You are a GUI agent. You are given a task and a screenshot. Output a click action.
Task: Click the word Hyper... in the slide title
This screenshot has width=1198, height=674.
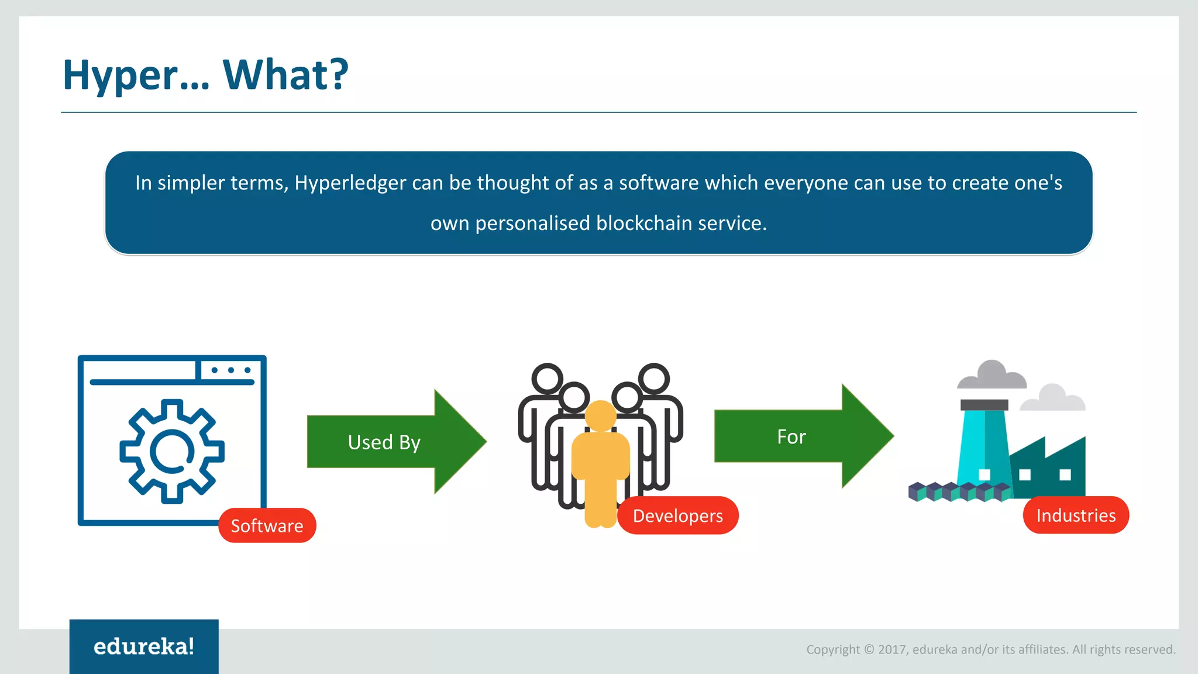(136, 76)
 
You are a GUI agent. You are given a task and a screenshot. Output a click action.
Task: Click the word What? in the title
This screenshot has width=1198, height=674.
(285, 75)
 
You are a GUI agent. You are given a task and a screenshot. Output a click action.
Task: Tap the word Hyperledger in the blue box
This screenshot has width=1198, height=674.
(350, 183)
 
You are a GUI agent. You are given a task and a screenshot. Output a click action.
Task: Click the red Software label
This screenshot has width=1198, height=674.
(267, 525)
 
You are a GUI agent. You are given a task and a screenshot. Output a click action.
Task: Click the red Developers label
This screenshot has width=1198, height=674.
(677, 515)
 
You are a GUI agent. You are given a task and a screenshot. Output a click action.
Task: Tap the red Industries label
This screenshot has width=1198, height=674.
(1075, 515)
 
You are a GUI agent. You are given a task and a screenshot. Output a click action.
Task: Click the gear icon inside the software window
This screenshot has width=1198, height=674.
(171, 451)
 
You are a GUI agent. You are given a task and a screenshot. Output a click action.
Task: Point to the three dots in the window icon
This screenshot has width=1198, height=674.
(231, 370)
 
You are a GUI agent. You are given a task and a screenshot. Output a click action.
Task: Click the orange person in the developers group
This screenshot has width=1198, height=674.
(600, 468)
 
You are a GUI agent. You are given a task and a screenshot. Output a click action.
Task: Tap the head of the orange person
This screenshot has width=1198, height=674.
(600, 415)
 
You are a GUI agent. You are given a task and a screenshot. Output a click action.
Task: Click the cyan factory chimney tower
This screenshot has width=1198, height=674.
(984, 451)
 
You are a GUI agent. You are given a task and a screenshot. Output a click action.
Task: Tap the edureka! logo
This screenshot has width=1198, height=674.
(144, 647)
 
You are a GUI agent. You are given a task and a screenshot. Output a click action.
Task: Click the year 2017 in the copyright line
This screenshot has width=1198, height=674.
(892, 649)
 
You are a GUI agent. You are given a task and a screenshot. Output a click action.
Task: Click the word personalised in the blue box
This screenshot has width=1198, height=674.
(532, 223)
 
